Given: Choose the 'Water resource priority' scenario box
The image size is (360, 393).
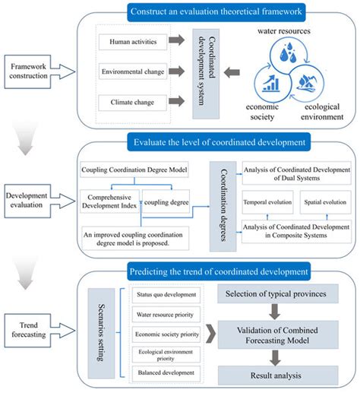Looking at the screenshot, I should coord(166,313).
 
